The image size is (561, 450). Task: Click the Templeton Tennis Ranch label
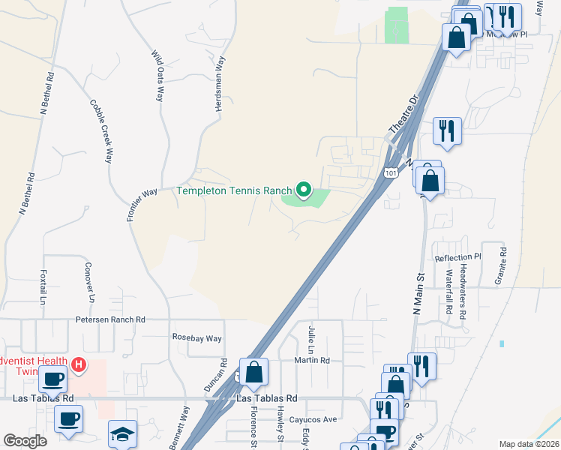coord(233,190)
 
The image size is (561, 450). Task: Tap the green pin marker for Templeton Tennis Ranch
coord(304,190)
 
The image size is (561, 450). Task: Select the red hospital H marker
coord(79,364)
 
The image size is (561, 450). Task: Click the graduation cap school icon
coord(122,434)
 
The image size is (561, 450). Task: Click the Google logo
coord(25,441)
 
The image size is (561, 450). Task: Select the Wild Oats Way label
coord(158,76)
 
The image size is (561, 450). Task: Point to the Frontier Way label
coord(142,203)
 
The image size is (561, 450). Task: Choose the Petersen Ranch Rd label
coord(110,319)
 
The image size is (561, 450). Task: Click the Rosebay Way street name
coord(197,338)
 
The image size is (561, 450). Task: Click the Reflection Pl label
coord(457,258)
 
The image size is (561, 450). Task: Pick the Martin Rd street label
coord(312,360)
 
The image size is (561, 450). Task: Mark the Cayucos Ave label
coord(314,419)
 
